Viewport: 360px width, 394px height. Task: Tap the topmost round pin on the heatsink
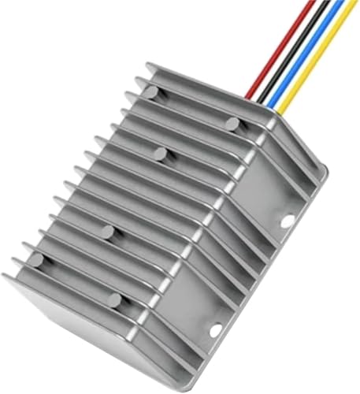[x=151, y=92]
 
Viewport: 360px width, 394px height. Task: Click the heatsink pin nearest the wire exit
[x=232, y=123]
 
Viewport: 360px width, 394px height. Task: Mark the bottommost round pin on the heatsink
[x=116, y=299]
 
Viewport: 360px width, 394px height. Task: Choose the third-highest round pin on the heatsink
[x=160, y=152]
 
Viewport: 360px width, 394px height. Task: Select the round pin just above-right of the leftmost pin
[x=106, y=230]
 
